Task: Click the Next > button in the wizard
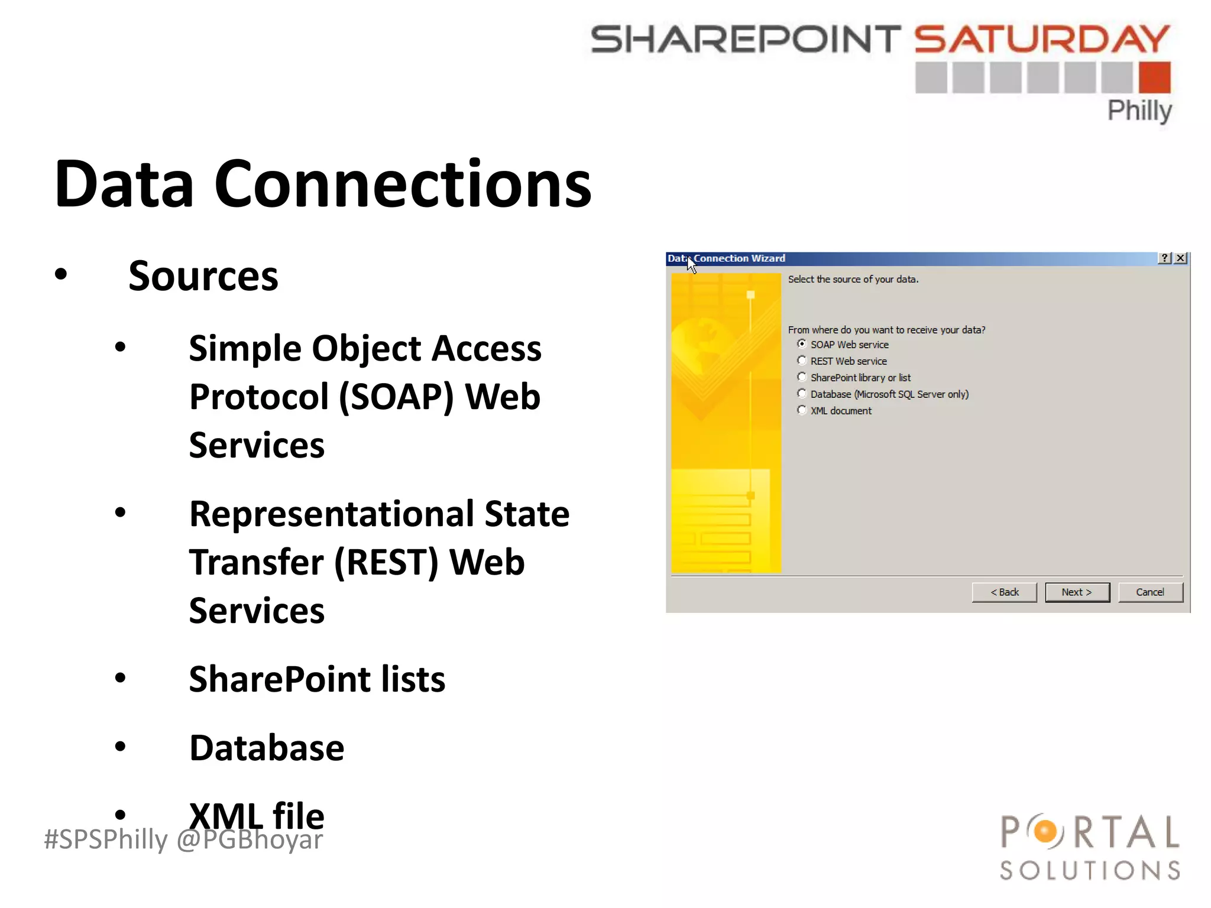coord(1077,592)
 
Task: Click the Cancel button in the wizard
coord(1150,592)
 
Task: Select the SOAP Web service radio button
coord(802,344)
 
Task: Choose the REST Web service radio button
coord(802,361)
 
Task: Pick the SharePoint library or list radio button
coord(802,377)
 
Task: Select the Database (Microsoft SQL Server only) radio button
coord(802,394)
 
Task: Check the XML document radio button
coord(802,410)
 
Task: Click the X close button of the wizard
coord(1180,258)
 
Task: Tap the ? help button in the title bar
coord(1164,258)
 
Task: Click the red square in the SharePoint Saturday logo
coord(1155,77)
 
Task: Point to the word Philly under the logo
coord(1139,111)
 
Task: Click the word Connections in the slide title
coord(402,184)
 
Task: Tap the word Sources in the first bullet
coord(203,276)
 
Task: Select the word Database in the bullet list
coord(266,748)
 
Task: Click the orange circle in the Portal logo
coord(1045,832)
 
